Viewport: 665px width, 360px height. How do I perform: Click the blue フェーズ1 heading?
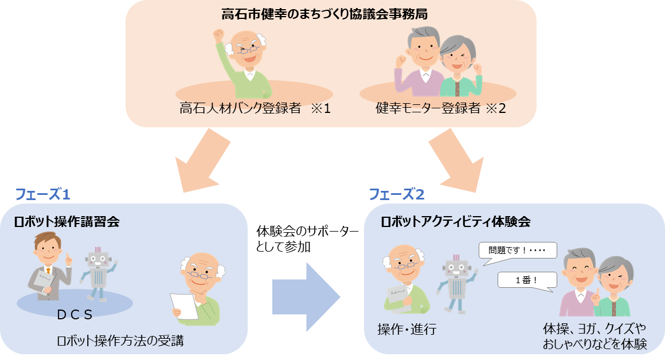tap(42, 194)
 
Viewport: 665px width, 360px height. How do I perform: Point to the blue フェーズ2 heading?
tap(396, 194)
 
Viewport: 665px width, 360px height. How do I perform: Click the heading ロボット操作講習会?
tap(67, 222)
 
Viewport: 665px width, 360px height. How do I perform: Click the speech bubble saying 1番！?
tap(527, 279)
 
